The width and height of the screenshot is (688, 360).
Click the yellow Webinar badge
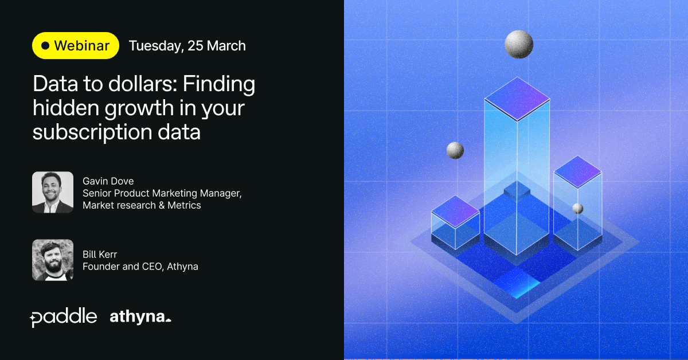(x=76, y=45)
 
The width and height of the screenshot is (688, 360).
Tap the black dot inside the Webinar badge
(x=45, y=45)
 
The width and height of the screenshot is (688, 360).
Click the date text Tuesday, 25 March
(x=187, y=46)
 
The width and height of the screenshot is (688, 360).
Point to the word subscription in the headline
(x=92, y=132)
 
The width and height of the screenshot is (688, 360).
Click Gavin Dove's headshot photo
(x=53, y=192)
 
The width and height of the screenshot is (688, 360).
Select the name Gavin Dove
(x=108, y=181)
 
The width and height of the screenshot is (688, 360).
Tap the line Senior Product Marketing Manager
(x=162, y=193)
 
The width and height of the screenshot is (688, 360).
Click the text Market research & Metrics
(x=142, y=205)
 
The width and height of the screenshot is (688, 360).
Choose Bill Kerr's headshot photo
(x=53, y=260)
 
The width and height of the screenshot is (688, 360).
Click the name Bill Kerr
(x=100, y=255)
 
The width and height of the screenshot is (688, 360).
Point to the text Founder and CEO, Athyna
(x=140, y=267)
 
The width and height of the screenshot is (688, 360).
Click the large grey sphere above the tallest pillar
(x=519, y=44)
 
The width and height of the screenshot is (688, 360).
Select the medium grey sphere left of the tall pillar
(x=455, y=151)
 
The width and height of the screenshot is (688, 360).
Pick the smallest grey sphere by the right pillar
(x=578, y=209)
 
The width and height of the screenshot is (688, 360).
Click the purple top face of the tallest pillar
(x=517, y=99)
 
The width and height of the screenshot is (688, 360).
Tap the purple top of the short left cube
(x=455, y=212)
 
